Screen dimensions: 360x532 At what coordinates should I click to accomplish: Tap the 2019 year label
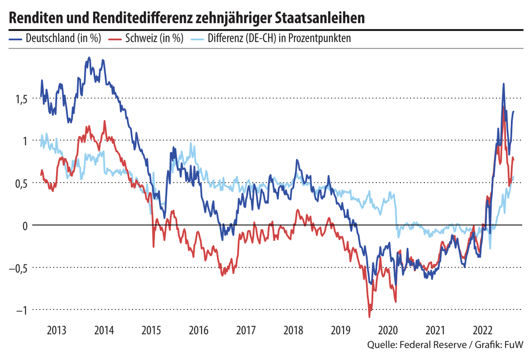340,330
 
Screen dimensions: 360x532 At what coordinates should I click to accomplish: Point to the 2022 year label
482,330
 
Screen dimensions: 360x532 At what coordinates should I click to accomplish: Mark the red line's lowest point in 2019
369,316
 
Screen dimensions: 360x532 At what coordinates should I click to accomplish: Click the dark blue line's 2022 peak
503,84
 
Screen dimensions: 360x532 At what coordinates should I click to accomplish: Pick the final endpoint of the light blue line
513,177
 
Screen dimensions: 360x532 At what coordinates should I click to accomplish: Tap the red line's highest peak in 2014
105,121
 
